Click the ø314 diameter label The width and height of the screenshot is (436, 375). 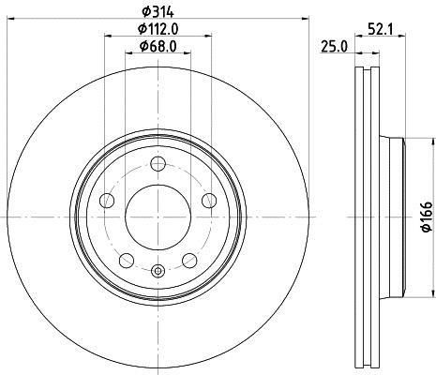coord(158,11)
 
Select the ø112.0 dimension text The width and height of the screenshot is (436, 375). coord(158,29)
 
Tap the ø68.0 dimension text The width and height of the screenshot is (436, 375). coord(158,47)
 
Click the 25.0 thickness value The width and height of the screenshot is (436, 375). coord(335,48)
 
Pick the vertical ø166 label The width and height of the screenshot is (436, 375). coord(427,217)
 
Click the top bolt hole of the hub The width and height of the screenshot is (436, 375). coord(158,164)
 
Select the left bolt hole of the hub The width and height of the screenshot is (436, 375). coord(107,201)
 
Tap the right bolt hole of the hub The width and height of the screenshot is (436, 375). coord(209,201)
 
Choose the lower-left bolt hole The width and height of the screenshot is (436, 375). coord(127,261)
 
